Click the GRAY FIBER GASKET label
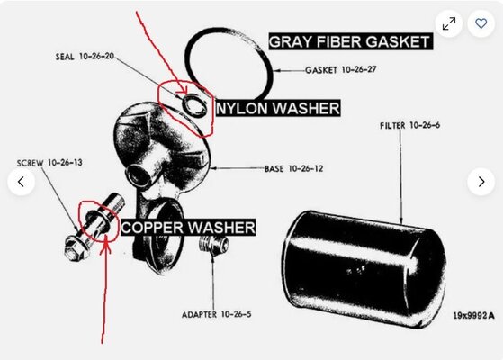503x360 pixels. [x=349, y=41]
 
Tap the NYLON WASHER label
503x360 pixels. [x=277, y=109]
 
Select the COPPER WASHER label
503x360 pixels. [x=187, y=227]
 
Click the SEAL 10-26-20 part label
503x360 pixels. [x=84, y=56]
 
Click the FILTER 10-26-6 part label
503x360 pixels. [x=410, y=126]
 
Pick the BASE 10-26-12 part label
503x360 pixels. [x=295, y=168]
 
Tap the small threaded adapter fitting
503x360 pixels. [x=212, y=246]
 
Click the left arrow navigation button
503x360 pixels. [x=22, y=182]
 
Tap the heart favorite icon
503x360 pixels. [x=481, y=22]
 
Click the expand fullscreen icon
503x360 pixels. [x=449, y=22]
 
